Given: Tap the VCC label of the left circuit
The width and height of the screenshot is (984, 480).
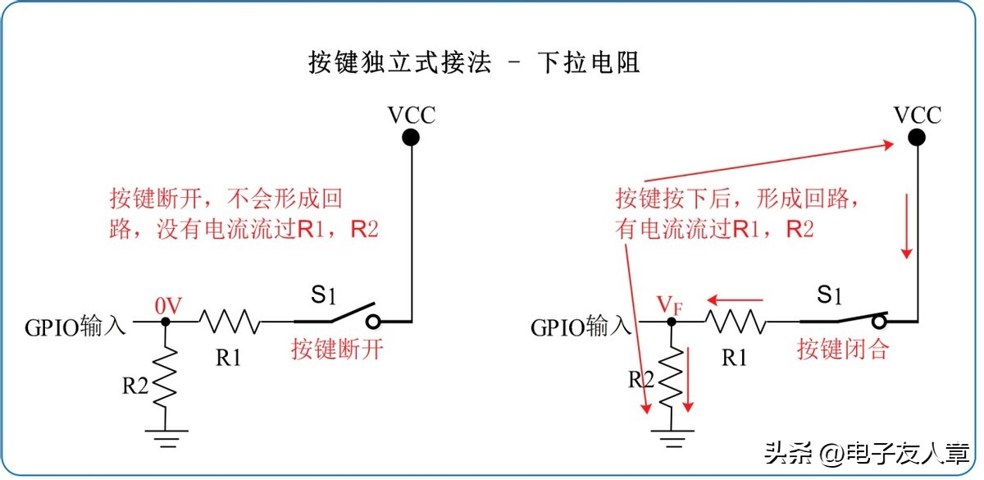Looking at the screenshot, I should tap(412, 114).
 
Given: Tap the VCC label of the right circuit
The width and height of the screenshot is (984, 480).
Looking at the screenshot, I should tap(917, 114).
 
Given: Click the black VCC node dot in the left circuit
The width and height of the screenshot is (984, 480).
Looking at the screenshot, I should tap(412, 137).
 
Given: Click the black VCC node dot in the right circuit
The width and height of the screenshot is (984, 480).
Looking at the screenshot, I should tap(917, 137).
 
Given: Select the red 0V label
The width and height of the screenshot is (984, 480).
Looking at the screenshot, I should tap(167, 305).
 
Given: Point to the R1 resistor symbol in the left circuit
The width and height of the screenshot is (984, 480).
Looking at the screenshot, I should tap(230, 322).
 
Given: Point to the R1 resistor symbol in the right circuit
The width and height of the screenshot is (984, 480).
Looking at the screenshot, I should tap(735, 322).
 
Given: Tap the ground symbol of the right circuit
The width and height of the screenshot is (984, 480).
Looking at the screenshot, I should tap(672, 439).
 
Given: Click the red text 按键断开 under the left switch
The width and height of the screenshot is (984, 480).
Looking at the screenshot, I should tap(338, 350).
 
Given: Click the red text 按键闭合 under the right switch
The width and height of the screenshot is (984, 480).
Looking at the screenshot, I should tap(844, 350).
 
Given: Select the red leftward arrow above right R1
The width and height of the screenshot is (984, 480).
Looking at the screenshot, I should tap(736, 299).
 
